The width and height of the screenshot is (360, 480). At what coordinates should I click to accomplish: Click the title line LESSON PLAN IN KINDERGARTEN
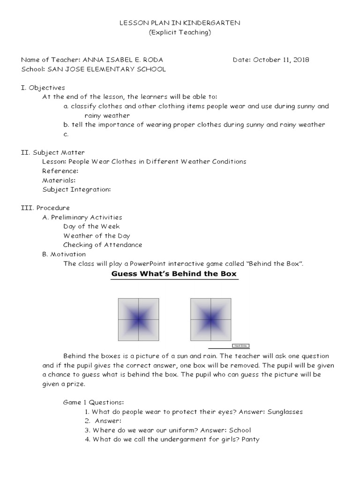point(180,23)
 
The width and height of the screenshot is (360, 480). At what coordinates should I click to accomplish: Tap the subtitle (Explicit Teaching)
point(180,32)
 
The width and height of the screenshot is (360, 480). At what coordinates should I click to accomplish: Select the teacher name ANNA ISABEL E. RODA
point(123,60)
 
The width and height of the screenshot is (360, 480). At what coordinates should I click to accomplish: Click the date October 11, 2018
point(281,60)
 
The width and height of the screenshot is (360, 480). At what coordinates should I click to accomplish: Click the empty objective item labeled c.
point(66,134)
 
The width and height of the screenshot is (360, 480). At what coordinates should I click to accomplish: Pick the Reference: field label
point(60,171)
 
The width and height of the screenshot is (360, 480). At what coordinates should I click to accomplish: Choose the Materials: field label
point(59,180)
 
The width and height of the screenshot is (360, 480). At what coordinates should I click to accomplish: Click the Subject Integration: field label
point(77,189)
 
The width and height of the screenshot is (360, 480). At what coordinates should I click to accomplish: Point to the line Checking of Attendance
point(103,245)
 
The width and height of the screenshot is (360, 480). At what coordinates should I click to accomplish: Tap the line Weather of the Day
point(97,236)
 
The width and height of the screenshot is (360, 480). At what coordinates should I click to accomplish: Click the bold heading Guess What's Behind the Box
point(174,274)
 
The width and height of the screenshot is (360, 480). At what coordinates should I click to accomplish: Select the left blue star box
point(138,319)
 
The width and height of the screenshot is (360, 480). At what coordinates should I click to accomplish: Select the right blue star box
point(210,319)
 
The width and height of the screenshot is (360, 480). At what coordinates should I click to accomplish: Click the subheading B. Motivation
point(64,254)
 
